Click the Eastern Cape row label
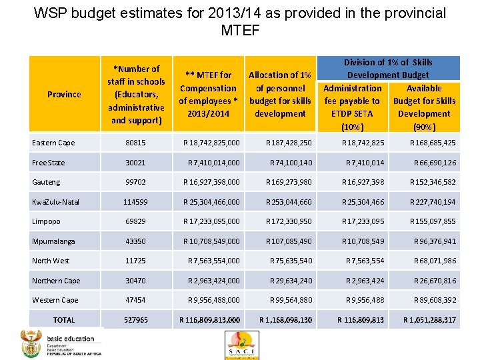coord(53,143)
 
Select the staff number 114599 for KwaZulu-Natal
coord(135,201)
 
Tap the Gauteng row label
coord(46,182)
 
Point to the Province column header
coord(64,94)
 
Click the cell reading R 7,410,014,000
coord(214,162)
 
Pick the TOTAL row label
coord(64,320)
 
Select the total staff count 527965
coord(136,320)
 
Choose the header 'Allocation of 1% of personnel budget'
coord(280,94)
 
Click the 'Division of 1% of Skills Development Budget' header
coord(387,68)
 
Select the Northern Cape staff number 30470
coord(135,281)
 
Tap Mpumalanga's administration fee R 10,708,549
coord(363,241)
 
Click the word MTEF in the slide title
coord(240,30)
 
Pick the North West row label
coord(51,261)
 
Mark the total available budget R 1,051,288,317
coord(429,320)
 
